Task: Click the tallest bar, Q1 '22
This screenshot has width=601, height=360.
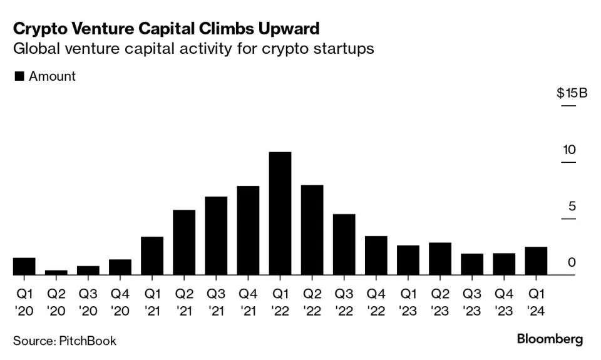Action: pos(280,213)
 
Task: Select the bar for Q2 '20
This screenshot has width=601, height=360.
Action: pos(56,272)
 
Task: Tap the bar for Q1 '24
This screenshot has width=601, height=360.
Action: pos(536,261)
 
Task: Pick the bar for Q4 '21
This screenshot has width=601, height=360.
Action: pos(248,230)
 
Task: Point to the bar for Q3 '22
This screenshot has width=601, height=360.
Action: pos(344,245)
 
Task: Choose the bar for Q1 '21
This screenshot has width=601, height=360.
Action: pos(152,256)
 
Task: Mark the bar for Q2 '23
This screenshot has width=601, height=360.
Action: pos(440,259)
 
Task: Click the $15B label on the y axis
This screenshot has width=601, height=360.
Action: pos(572,93)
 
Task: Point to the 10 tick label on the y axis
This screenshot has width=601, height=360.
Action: pos(569,150)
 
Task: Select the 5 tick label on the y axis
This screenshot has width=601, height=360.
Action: pos(570,206)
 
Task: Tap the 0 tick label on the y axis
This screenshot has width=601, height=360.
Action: pos(571,262)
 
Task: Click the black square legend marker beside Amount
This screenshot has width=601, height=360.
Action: pos(19,76)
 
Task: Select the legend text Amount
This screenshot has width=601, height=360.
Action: pos(52,76)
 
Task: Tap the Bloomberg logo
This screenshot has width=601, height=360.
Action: pos(549,339)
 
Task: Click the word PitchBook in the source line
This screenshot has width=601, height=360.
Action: pos(88,341)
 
